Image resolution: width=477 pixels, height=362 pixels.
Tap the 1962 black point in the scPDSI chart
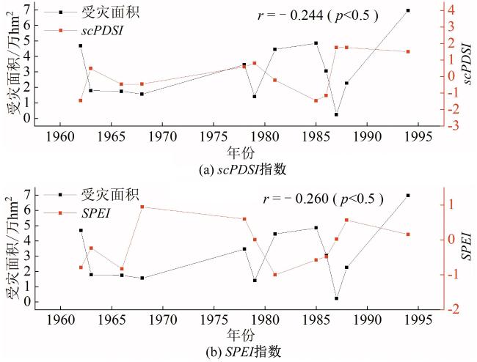pos(81,45)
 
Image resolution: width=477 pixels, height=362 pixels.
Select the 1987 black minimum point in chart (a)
pos(336,114)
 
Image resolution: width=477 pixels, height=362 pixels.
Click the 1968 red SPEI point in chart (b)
pos(142,207)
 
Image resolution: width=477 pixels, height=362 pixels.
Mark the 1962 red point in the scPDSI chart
pos(81,100)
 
